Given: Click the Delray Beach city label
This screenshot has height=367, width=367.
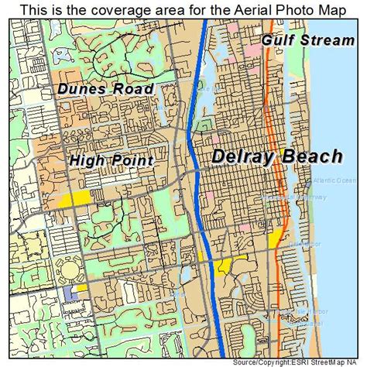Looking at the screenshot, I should [276, 157].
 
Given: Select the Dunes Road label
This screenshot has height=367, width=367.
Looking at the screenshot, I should [105, 88].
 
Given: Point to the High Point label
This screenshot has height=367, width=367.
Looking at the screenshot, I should [111, 161].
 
